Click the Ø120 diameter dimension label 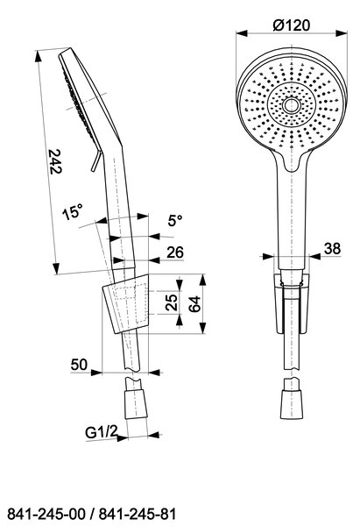click(292, 25)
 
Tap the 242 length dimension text click(56, 161)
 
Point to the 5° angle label click(175, 221)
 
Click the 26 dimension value click(175, 252)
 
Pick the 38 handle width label click(332, 249)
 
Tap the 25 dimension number click(172, 303)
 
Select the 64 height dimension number click(194, 304)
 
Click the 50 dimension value click(79, 365)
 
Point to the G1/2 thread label click(101, 432)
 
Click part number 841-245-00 click(46, 514)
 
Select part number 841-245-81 click(138, 514)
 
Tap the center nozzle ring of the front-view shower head click(291, 105)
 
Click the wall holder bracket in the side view click(126, 304)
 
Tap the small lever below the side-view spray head click(96, 160)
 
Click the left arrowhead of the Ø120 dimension click(242, 33)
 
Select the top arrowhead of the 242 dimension click(39, 56)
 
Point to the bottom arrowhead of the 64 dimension click(203, 328)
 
